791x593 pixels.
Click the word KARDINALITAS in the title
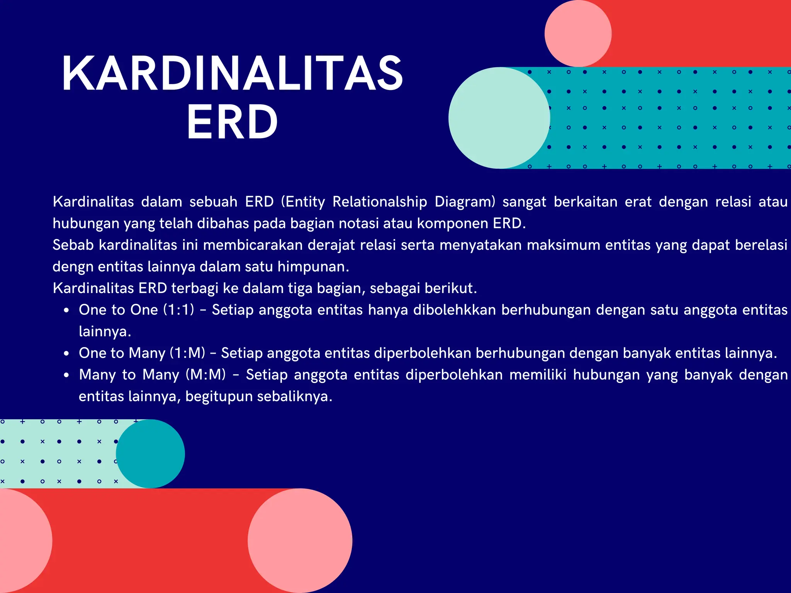233,73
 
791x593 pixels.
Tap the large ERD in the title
233,122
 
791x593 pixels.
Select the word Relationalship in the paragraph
380,202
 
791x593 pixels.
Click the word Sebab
73,245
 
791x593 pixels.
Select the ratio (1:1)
178,310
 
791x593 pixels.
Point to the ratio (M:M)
205,375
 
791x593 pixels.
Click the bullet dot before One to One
67,310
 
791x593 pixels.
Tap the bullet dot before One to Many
67,354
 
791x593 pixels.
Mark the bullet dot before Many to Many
67,375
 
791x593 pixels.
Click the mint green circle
499,118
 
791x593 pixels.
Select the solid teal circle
150,454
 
